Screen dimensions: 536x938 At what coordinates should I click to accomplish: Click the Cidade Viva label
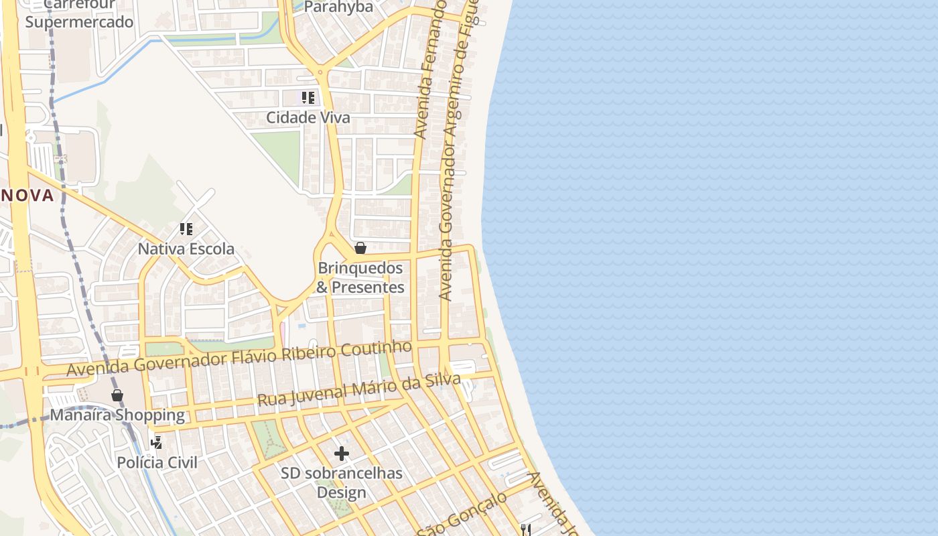pos(308,117)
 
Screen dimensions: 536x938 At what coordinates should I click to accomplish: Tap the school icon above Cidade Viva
pos(308,98)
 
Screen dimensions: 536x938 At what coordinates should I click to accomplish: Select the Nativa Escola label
pos(186,249)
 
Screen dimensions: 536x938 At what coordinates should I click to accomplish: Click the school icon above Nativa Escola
pos(186,229)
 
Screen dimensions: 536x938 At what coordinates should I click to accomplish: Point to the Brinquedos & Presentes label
pos(360,277)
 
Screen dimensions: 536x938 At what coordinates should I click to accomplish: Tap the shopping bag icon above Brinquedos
pos(360,249)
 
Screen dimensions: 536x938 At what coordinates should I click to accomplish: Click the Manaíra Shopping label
pos(117,415)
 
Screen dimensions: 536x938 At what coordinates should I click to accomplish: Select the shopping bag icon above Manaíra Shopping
pos(117,395)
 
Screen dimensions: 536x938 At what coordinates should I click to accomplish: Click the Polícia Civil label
pos(157,462)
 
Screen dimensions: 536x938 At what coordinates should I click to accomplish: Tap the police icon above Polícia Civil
pos(156,442)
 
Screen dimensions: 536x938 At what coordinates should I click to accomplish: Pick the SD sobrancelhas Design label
pos(342,482)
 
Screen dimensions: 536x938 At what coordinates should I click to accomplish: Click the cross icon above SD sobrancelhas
pos(342,454)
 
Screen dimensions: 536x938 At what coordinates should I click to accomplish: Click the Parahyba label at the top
pos(338,7)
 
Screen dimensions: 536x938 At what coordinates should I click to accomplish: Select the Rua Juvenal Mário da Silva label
pos(359,391)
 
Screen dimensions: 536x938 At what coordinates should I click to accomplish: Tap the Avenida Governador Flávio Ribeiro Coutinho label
pos(239,358)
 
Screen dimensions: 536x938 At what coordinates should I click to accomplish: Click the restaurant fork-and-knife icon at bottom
pos(526,530)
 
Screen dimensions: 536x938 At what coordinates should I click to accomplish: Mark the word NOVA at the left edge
pos(27,196)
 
